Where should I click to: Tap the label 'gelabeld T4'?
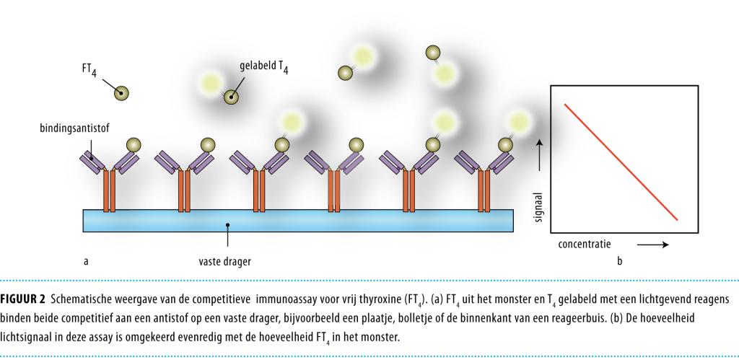266,66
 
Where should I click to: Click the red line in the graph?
621,162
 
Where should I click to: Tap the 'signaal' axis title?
538,206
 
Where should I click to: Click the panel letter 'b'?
620,260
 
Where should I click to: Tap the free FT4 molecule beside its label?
122,92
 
